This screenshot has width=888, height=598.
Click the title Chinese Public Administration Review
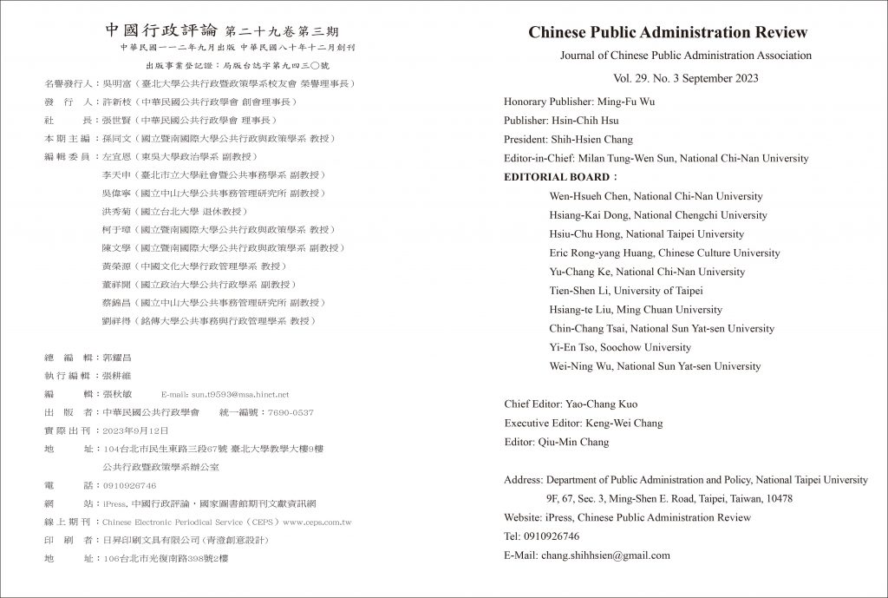668,33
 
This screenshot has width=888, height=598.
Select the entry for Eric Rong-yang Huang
664,253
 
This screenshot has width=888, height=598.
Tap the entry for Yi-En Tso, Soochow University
620,347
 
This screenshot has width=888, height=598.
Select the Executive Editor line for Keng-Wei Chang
583,424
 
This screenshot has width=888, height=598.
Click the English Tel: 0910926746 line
541,536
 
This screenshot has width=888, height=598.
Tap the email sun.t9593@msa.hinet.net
240,393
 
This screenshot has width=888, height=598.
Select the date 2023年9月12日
137,430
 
